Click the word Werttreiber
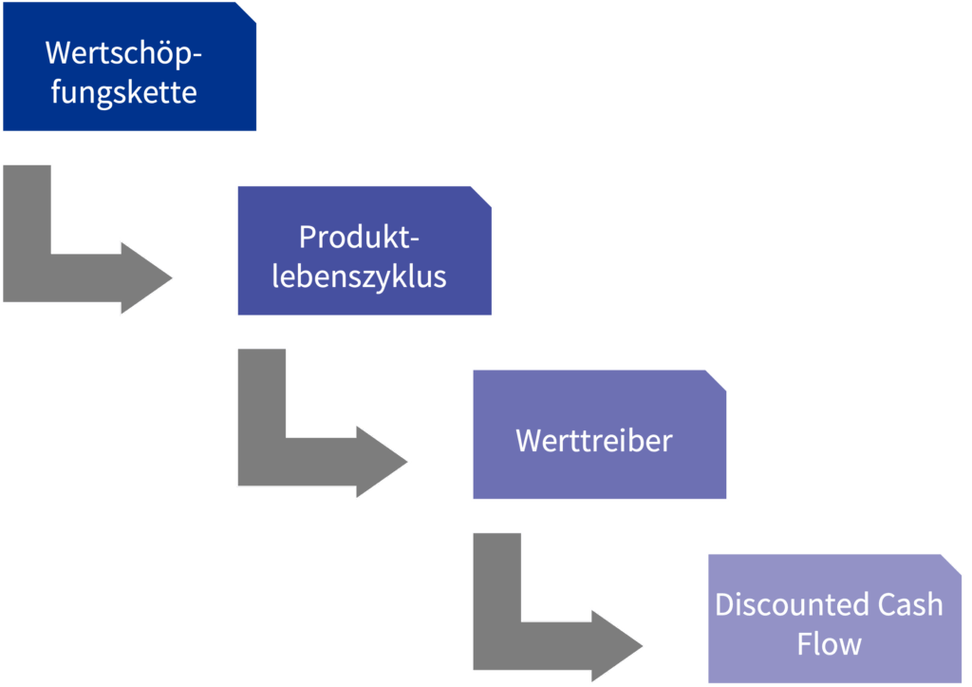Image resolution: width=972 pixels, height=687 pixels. tap(594, 441)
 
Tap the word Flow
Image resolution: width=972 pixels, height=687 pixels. tap(830, 644)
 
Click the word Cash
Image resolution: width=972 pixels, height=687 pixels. tap(909, 605)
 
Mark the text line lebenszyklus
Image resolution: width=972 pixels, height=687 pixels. tap(359, 277)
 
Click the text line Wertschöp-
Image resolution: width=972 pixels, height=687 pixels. tap(124, 53)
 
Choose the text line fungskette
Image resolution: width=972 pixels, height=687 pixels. tap(124, 93)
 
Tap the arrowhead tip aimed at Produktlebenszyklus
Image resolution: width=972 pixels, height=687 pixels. tap(168, 277)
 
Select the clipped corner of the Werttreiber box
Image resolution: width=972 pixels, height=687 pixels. tap(718, 379)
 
